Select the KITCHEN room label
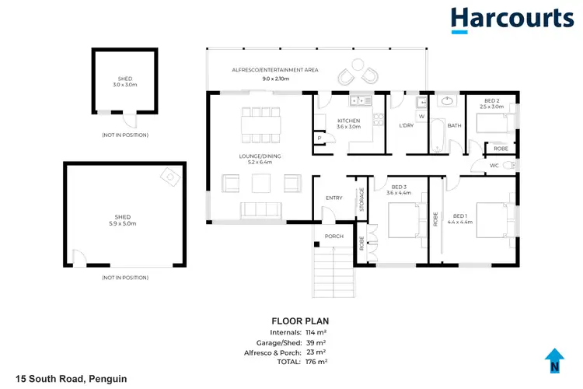pos(349,121)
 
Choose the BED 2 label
pos(491,102)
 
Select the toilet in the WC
pos(509,166)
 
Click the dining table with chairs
pos(257,125)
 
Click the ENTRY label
pos(333,198)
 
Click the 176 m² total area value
pos(316,362)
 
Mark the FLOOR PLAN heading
pos(299,321)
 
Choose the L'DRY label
pos(405,126)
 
